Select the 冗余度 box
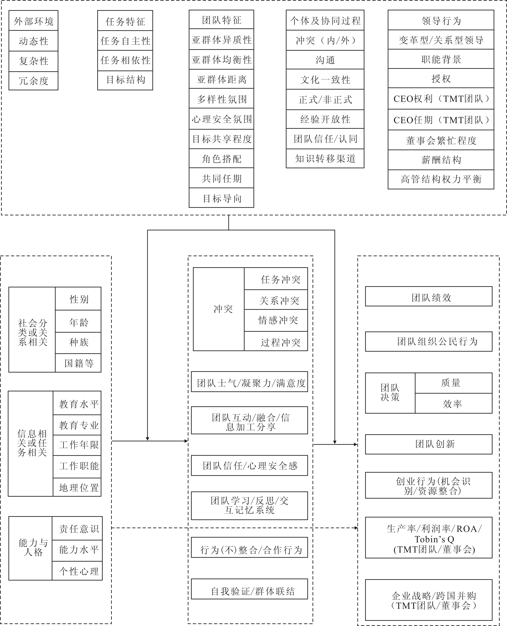pos(33,81)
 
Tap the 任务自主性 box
pos(125,41)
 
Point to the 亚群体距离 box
pos(221,79)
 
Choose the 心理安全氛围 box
pos(221,119)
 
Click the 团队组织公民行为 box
pos(428,341)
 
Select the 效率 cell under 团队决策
pos(453,403)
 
